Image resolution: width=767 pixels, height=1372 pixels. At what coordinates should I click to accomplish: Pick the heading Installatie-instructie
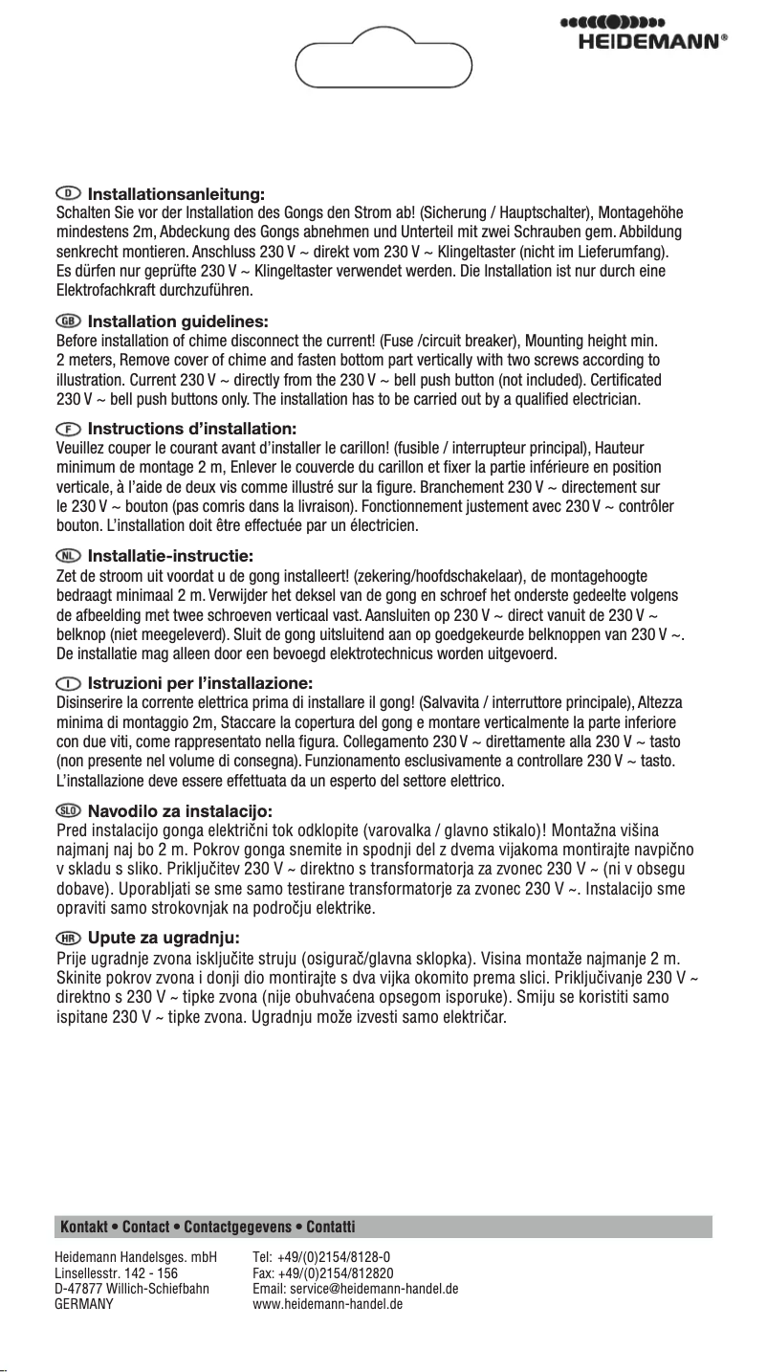click(x=170, y=554)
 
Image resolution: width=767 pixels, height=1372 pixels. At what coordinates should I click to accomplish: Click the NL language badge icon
click(x=70, y=554)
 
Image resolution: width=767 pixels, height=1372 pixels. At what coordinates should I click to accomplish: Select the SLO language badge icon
click(x=70, y=811)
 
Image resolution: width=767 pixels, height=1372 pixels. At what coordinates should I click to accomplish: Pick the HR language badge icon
click(x=70, y=935)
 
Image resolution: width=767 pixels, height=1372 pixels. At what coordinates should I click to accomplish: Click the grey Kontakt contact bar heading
click(x=208, y=1227)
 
